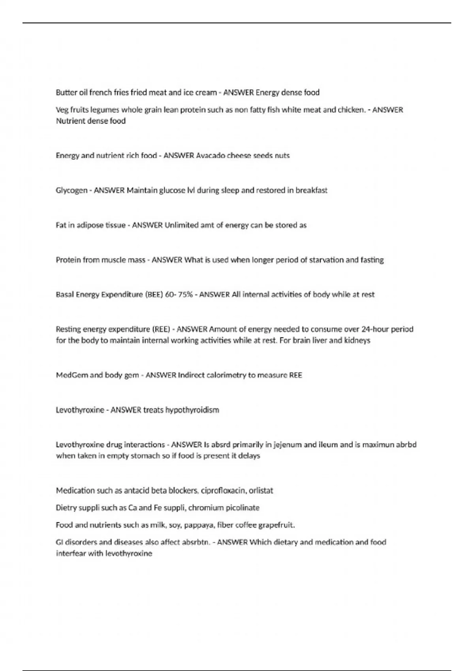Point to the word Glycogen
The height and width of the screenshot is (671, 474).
[71, 190]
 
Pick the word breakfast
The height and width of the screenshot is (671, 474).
[311, 190]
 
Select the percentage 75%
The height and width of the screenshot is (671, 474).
[185, 294]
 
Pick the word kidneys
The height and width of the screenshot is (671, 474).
[357, 340]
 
